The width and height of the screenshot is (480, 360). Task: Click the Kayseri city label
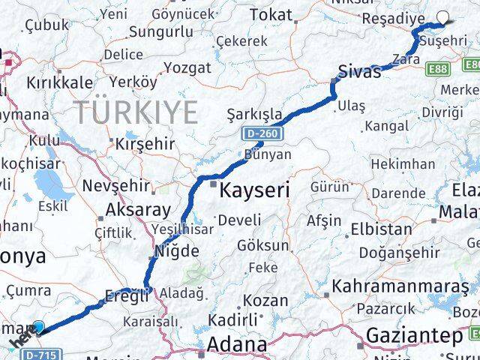pos(254,190)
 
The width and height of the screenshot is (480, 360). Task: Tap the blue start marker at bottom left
pos(39,327)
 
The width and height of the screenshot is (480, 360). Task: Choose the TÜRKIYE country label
pos(136,112)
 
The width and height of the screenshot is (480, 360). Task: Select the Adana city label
pos(238,345)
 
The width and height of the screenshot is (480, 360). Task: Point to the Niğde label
pos(178,250)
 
